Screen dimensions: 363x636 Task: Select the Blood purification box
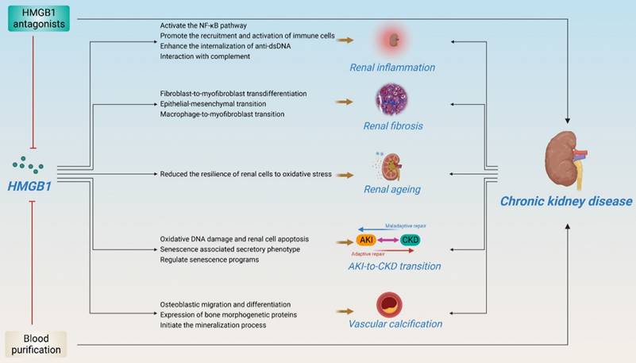pyautogui.click(x=34, y=344)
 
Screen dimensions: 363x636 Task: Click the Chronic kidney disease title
pyautogui.click(x=566, y=201)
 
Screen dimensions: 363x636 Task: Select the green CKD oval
pyautogui.click(x=411, y=240)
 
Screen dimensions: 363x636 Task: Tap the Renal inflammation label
pyautogui.click(x=391, y=68)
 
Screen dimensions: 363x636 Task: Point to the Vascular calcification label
pyautogui.click(x=395, y=324)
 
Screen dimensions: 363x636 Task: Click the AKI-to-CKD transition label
pyautogui.click(x=395, y=265)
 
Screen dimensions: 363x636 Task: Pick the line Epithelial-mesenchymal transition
pyautogui.click(x=212, y=104)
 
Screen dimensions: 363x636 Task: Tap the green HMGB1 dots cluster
pyautogui.click(x=30, y=164)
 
